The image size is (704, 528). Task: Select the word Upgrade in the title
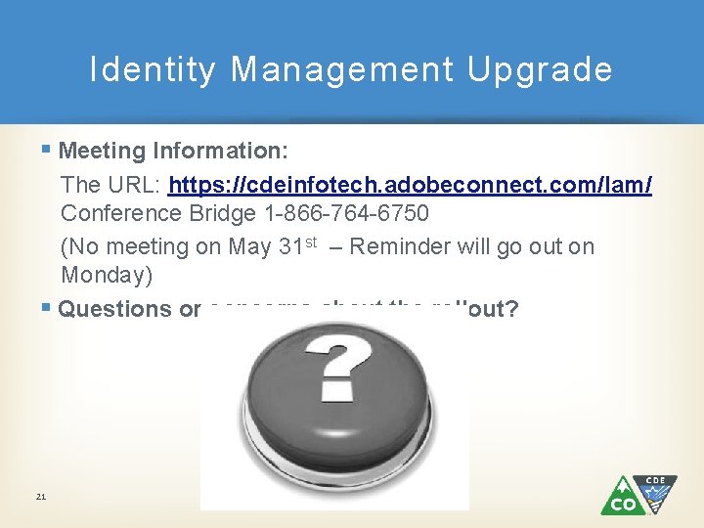540,70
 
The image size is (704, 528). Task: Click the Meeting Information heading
173,151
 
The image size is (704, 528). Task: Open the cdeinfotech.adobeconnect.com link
411,185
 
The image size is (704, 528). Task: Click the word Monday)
107,275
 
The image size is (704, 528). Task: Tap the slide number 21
40,497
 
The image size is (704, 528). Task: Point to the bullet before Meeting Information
47,150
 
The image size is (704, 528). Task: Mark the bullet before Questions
47,307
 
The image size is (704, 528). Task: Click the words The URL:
110,185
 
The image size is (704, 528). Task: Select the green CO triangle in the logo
622,499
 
